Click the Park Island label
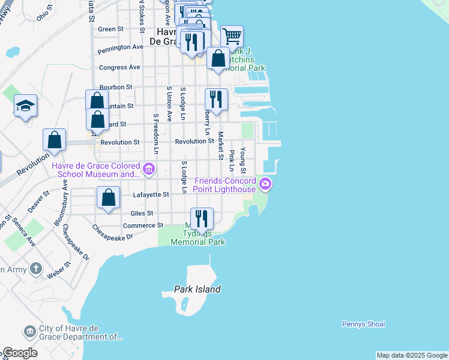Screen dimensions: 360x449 (x=197, y=289)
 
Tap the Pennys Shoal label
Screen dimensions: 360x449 (x=363, y=324)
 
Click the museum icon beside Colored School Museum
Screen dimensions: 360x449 (x=149, y=170)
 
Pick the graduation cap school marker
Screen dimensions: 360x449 (x=26, y=106)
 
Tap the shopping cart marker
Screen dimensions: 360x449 (x=232, y=36)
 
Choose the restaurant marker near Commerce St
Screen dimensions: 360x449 (x=202, y=218)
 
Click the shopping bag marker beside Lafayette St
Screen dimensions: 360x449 (x=108, y=198)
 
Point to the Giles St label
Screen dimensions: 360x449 (x=142, y=213)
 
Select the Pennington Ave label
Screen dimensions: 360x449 (x=121, y=46)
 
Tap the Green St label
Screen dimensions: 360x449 (x=110, y=29)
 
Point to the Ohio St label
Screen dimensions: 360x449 (x=45, y=16)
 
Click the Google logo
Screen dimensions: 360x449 (x=20, y=353)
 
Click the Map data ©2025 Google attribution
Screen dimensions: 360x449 (x=412, y=355)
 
